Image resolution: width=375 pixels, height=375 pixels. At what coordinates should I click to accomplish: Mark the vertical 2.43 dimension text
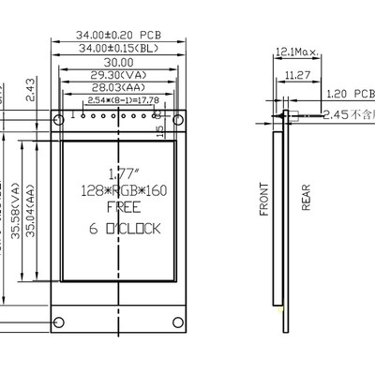(30, 89)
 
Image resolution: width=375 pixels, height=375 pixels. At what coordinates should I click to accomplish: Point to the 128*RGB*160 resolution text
(121, 190)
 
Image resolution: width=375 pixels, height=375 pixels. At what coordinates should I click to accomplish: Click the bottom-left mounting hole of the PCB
(58, 323)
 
